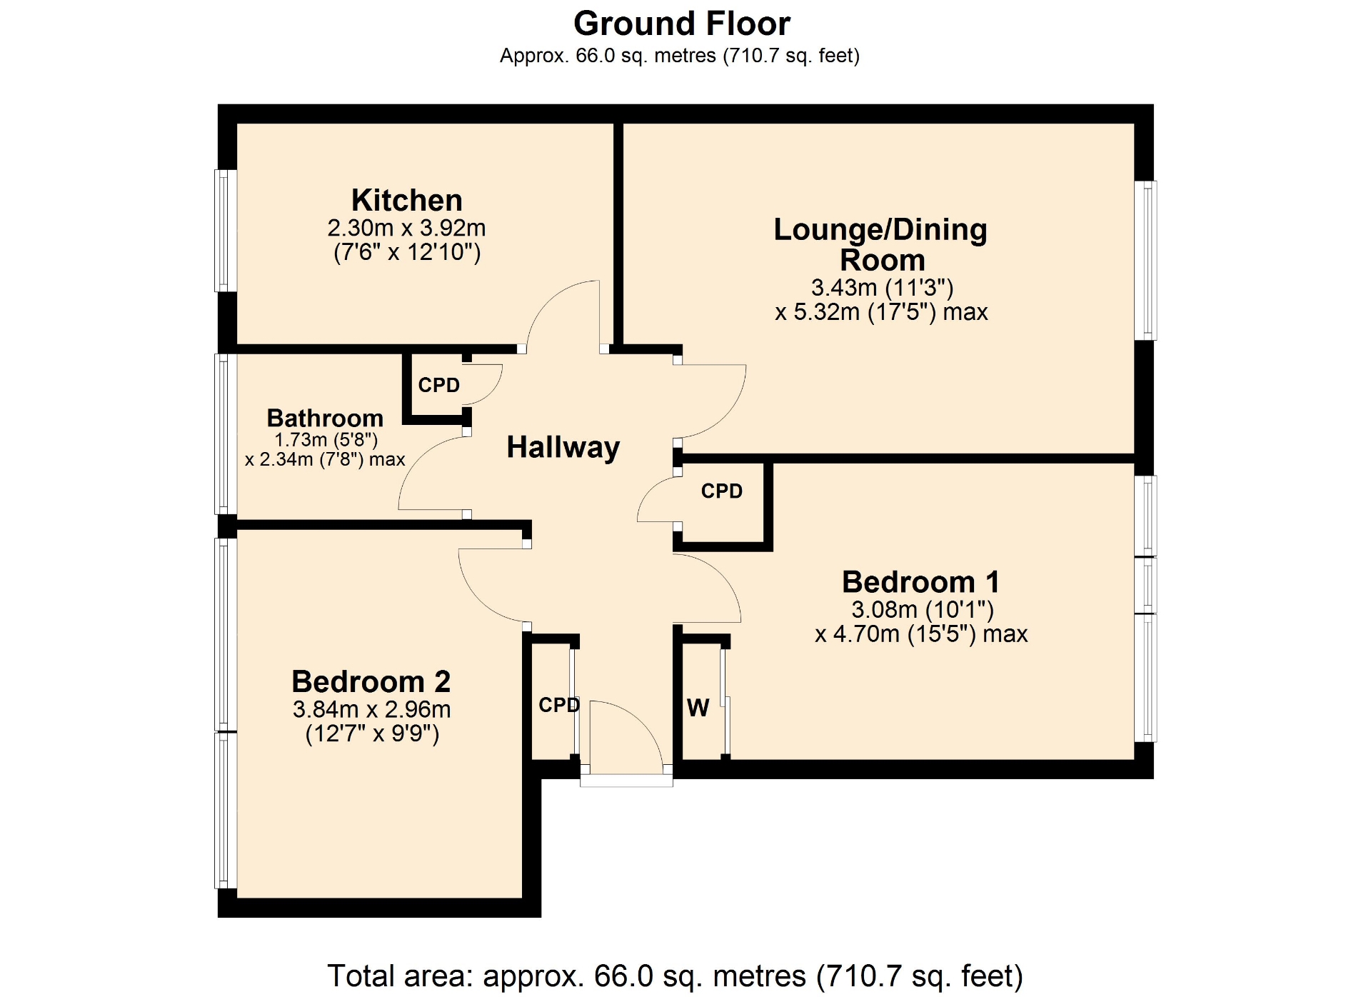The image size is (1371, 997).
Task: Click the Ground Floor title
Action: pyautogui.click(x=682, y=24)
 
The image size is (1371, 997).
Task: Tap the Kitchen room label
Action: pyautogui.click(x=407, y=200)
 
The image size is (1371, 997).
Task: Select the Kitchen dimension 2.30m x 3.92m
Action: pyautogui.click(x=407, y=228)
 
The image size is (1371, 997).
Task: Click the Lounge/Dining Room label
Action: pyautogui.click(x=881, y=244)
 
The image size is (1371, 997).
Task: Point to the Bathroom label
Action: pyautogui.click(x=325, y=418)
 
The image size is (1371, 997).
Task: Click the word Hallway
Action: pyautogui.click(x=563, y=448)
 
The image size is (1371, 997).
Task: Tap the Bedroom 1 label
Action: pyautogui.click(x=921, y=582)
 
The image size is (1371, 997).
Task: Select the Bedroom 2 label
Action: pyautogui.click(x=371, y=682)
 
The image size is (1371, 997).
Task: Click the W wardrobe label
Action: pyautogui.click(x=698, y=708)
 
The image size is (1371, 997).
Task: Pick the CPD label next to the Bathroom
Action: pyautogui.click(x=439, y=385)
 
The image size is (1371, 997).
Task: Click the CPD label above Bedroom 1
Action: pyautogui.click(x=722, y=491)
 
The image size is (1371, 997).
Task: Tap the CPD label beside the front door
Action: pyautogui.click(x=559, y=705)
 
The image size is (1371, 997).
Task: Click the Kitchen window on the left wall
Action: pyautogui.click(x=226, y=231)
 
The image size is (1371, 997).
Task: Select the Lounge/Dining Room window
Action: pyautogui.click(x=1145, y=261)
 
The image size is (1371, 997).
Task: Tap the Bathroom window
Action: pyautogui.click(x=226, y=434)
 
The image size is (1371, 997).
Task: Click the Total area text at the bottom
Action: pyautogui.click(x=675, y=976)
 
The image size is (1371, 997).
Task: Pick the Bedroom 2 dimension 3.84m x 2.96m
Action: pyautogui.click(x=371, y=709)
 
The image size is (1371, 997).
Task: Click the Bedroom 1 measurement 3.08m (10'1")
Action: pyautogui.click(x=923, y=609)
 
